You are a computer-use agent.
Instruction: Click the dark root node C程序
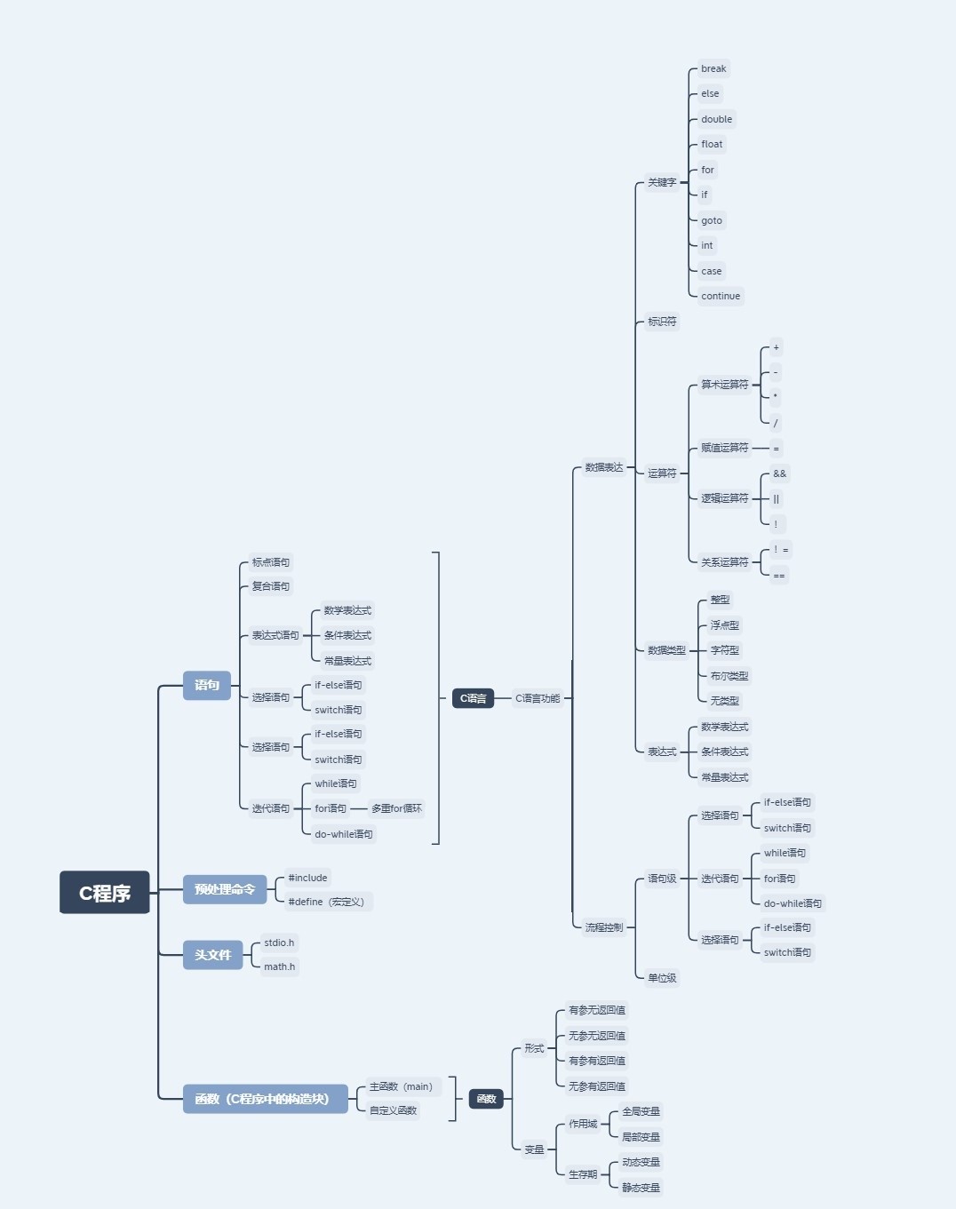[x=105, y=893]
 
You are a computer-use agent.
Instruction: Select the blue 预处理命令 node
[x=225, y=889]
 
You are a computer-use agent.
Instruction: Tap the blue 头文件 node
[x=212, y=955]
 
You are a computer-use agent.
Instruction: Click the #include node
[x=307, y=878]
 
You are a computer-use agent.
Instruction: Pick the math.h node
[x=279, y=966]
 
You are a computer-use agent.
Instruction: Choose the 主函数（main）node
[x=401, y=1086]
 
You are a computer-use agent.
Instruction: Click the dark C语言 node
[x=473, y=698]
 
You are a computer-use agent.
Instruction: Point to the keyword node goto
[x=712, y=220]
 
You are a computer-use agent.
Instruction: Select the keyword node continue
[x=720, y=296]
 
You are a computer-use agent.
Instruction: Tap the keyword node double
[x=716, y=119]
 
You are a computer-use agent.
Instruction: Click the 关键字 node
[x=662, y=182]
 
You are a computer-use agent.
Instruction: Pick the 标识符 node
[x=662, y=322]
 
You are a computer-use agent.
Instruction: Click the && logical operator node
[x=779, y=473]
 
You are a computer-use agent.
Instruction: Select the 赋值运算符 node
[x=724, y=448]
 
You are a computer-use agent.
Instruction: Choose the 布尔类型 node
[x=729, y=676]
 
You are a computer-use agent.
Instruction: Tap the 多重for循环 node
[x=396, y=808]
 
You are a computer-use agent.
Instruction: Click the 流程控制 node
[x=603, y=927]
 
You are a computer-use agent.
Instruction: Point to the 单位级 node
[x=662, y=978]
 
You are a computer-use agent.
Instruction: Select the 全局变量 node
[x=641, y=1111]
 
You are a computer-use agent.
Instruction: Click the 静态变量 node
[x=641, y=1188]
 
